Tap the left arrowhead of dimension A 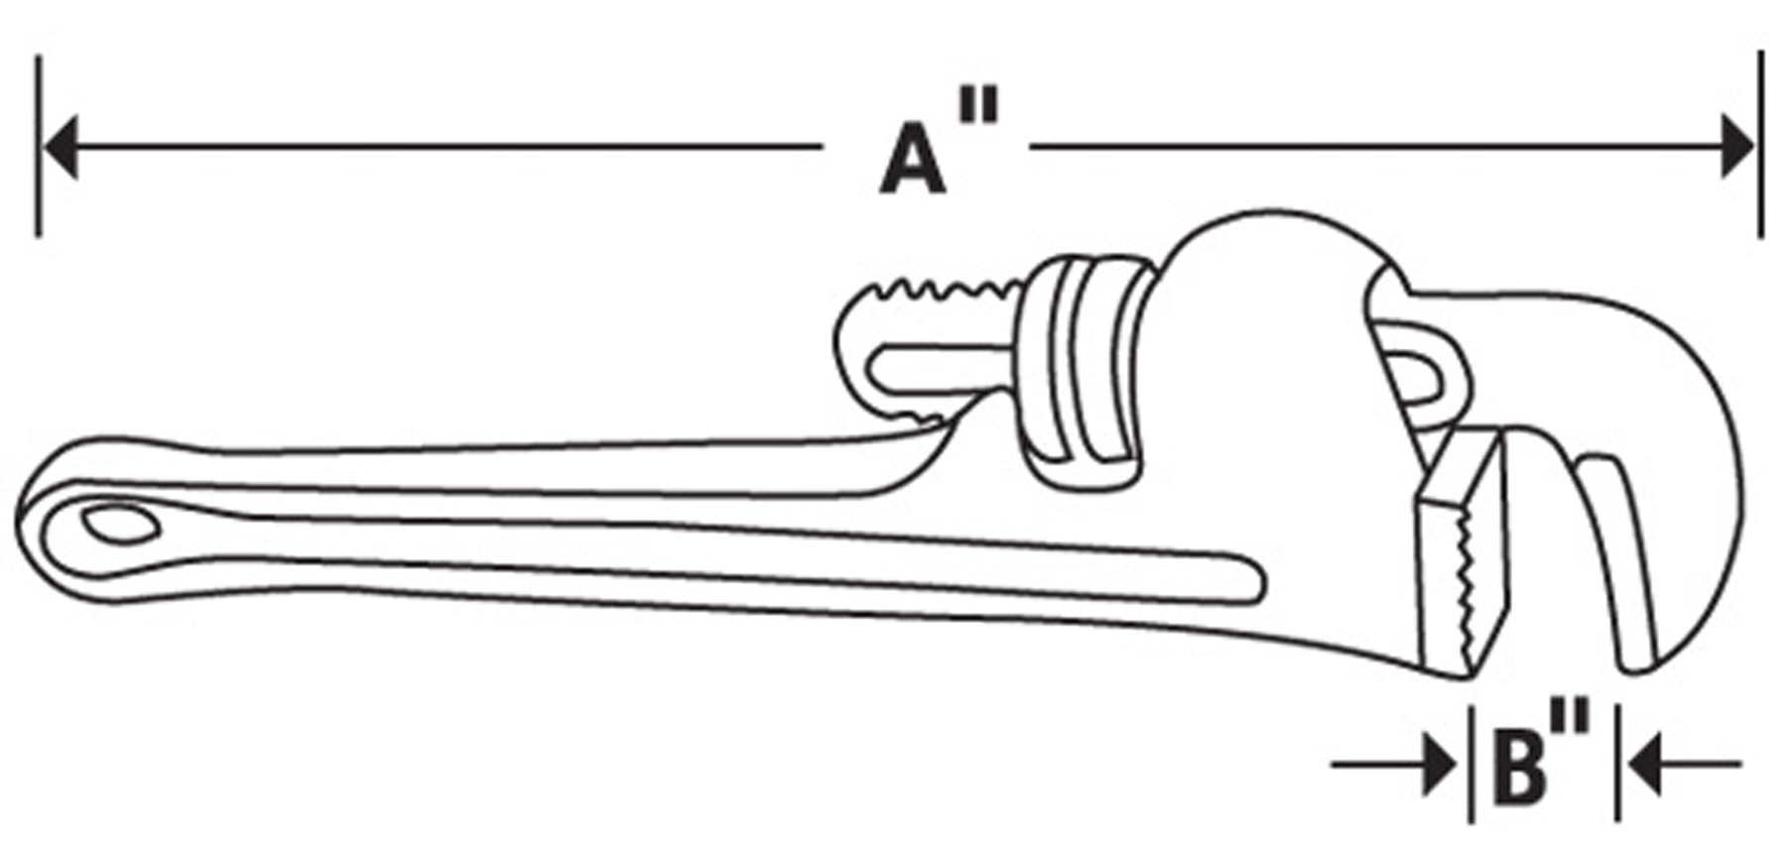(60, 147)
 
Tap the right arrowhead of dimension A (1738, 147)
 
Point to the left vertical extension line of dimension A (38, 146)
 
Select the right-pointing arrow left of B (1394, 765)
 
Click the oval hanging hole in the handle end (120, 525)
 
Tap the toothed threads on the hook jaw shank (938, 290)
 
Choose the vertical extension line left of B (1470, 763)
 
